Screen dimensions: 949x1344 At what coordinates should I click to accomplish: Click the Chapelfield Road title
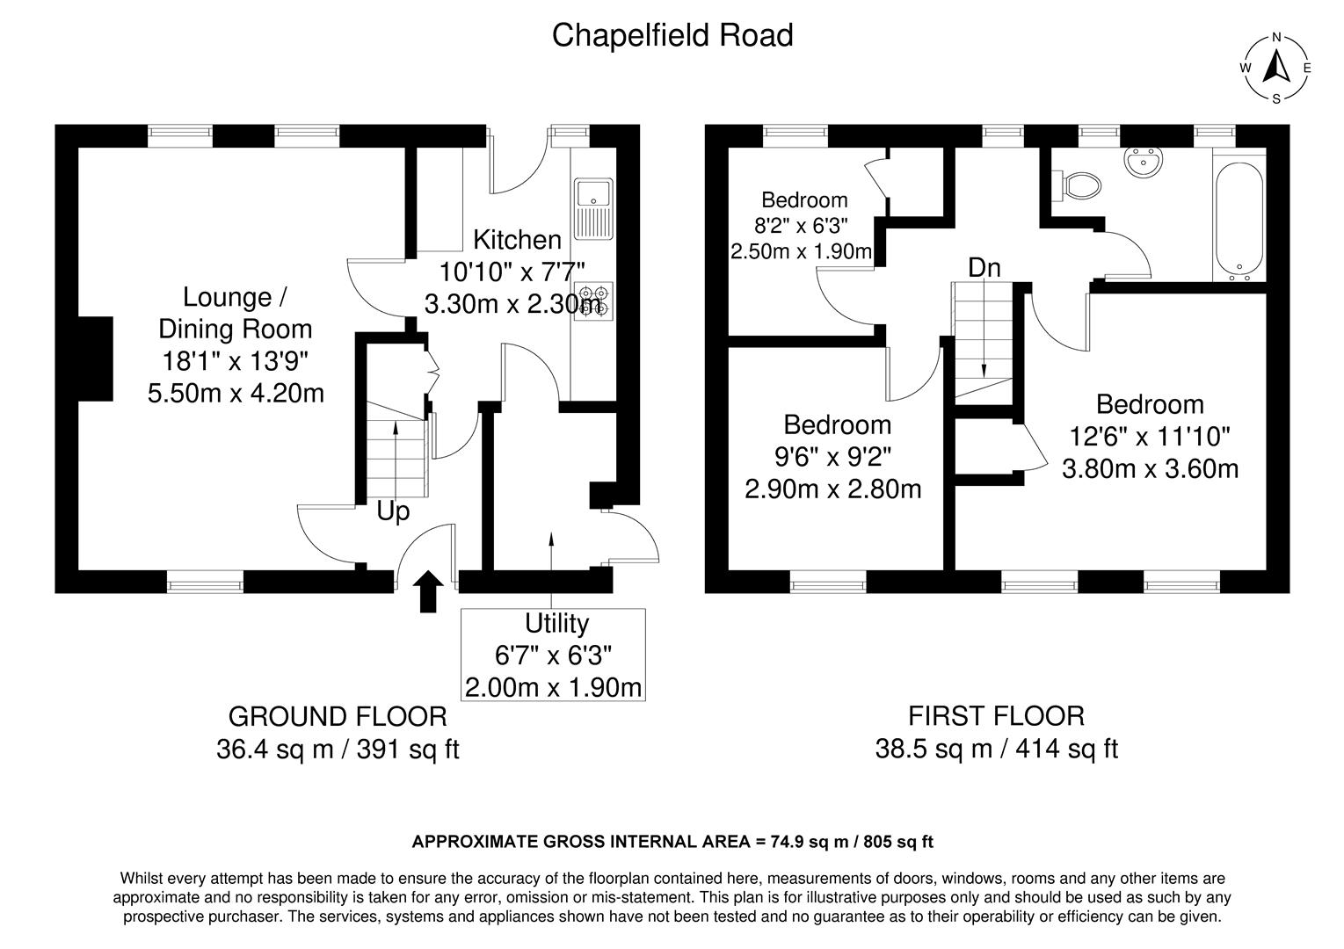point(672,36)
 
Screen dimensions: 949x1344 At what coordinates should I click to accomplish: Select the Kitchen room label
point(517,240)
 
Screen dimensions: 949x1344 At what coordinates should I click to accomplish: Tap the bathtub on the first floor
point(1239,219)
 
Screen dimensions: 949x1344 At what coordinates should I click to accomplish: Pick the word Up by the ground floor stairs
point(393,511)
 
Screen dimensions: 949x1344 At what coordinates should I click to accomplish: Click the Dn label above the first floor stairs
point(984,268)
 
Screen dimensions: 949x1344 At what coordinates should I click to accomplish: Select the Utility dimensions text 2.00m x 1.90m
point(553,686)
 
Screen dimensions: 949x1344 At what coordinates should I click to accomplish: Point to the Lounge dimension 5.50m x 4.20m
point(236,392)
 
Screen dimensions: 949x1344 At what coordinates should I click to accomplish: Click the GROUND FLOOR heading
point(338,716)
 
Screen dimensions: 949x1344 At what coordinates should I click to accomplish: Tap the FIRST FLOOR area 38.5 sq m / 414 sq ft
point(996,749)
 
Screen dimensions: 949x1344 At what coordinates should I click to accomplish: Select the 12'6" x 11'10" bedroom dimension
point(1150,436)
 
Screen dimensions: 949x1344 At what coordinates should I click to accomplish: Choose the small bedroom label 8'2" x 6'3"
point(804,226)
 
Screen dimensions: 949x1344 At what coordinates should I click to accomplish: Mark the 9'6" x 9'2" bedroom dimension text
point(837,456)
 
